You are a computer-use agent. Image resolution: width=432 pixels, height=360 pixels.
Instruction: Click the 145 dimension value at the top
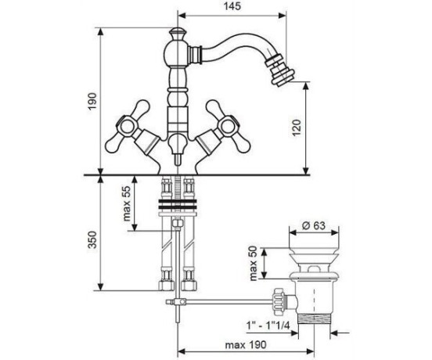(232, 6)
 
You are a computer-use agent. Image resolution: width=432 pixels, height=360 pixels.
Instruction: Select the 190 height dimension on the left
(92, 102)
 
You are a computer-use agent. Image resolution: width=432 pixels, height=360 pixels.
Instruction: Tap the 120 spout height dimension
(297, 128)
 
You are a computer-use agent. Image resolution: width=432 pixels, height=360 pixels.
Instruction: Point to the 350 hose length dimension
(93, 240)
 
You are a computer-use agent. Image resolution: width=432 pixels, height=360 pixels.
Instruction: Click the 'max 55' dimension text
(127, 204)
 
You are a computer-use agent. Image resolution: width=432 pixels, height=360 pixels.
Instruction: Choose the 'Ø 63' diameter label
(314, 226)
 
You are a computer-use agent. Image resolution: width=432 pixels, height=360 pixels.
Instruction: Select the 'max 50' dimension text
(254, 263)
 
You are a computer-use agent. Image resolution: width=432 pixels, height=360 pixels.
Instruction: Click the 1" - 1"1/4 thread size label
(268, 326)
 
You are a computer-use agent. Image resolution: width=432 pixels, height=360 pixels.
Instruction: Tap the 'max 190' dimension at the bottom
(246, 345)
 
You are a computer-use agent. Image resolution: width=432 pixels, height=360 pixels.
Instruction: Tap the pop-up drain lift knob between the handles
(177, 147)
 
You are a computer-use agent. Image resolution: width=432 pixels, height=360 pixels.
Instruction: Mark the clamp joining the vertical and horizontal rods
(176, 302)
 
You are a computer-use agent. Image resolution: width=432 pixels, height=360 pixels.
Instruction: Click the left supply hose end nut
(166, 286)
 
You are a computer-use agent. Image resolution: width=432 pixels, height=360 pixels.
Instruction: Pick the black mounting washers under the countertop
(178, 203)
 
